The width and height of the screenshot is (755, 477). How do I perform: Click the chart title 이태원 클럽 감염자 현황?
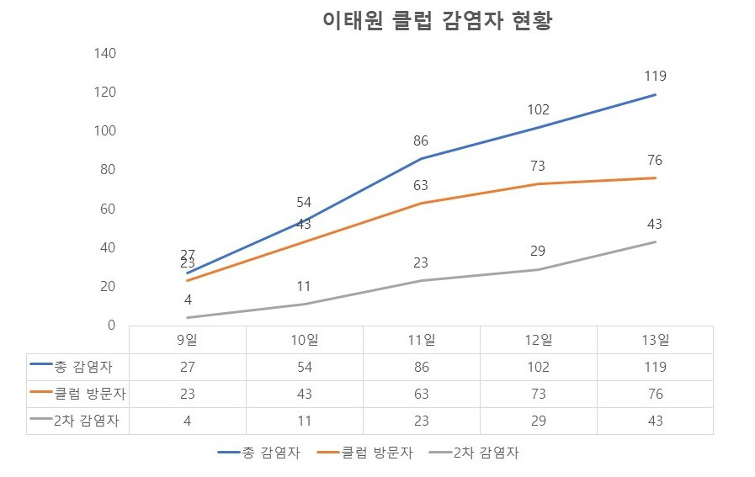point(437,22)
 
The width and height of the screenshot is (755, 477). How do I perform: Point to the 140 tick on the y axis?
point(105,53)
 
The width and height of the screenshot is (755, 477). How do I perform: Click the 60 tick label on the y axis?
point(109,209)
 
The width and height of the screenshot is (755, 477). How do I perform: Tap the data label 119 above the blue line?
point(655,76)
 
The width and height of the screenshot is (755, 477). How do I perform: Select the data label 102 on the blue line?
point(538,109)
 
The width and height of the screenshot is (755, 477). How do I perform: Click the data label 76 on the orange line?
point(655,159)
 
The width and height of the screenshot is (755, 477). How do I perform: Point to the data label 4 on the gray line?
point(188,299)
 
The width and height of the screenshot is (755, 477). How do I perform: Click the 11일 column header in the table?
point(421,340)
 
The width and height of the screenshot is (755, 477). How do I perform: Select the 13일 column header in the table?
point(655,340)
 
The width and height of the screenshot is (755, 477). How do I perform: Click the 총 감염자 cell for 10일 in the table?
point(304,367)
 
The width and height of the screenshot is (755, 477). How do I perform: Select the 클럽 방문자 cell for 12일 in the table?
point(538,394)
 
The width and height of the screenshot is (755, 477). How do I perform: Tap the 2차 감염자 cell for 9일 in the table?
point(188,421)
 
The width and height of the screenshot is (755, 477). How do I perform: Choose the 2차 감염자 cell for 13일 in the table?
point(655,421)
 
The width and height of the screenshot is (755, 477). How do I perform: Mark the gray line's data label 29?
point(538,252)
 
